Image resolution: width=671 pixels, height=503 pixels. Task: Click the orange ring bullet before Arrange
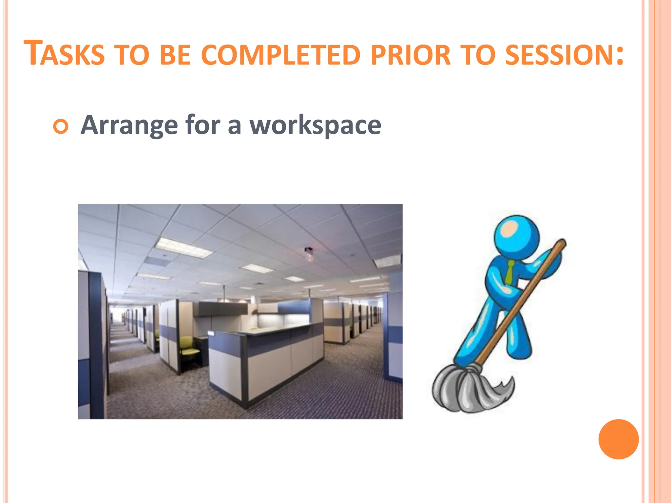[61, 126]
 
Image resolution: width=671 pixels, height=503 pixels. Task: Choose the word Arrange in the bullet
[129, 125]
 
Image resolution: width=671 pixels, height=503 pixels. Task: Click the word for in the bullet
[202, 125]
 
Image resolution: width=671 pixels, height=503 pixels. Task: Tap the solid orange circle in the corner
[618, 439]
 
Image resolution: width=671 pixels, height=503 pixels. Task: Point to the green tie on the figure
[509, 272]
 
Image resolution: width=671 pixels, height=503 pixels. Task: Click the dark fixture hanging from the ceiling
[309, 253]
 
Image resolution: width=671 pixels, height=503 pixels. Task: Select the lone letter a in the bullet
[235, 126]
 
